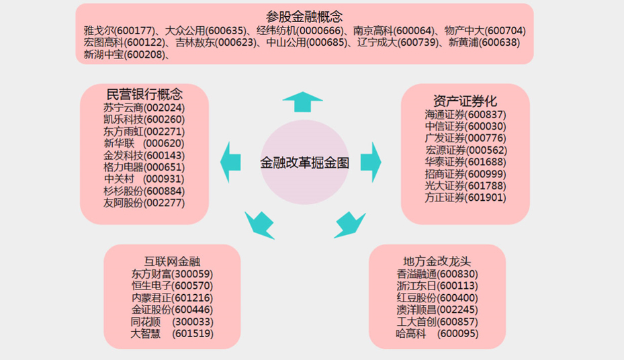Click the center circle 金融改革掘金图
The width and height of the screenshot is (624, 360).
pos(304,163)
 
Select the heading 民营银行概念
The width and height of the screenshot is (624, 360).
pos(144,93)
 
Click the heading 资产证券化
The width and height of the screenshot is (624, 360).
pos(465,101)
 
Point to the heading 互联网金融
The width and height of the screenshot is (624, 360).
pos(172,261)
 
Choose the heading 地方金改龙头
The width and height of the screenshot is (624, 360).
pos(437,261)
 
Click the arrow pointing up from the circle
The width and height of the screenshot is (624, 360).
pos(302,102)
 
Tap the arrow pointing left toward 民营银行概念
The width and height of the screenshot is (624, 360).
pos(232,162)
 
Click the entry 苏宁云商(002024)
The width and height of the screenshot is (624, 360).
pos(144,107)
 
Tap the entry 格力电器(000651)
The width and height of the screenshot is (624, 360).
pos(144,167)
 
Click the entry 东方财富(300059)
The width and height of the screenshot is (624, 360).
pos(172,274)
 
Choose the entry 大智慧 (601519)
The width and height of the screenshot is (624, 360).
pos(172,333)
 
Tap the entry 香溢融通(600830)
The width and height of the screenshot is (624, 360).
pos(437,274)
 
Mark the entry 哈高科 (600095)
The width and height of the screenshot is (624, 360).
pos(437,333)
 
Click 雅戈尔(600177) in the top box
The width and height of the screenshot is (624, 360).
pos(120,31)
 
